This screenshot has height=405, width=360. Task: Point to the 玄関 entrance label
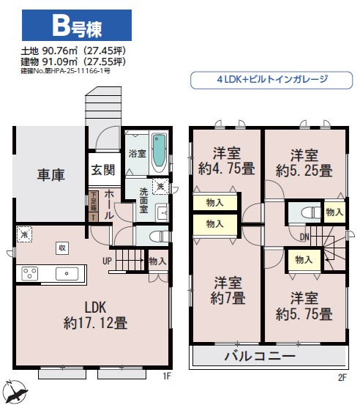(102, 171)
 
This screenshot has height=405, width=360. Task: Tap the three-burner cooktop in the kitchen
(31, 274)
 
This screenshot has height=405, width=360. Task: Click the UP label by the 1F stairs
(107, 260)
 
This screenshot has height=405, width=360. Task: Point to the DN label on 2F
(304, 237)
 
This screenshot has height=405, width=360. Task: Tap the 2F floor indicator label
(341, 377)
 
